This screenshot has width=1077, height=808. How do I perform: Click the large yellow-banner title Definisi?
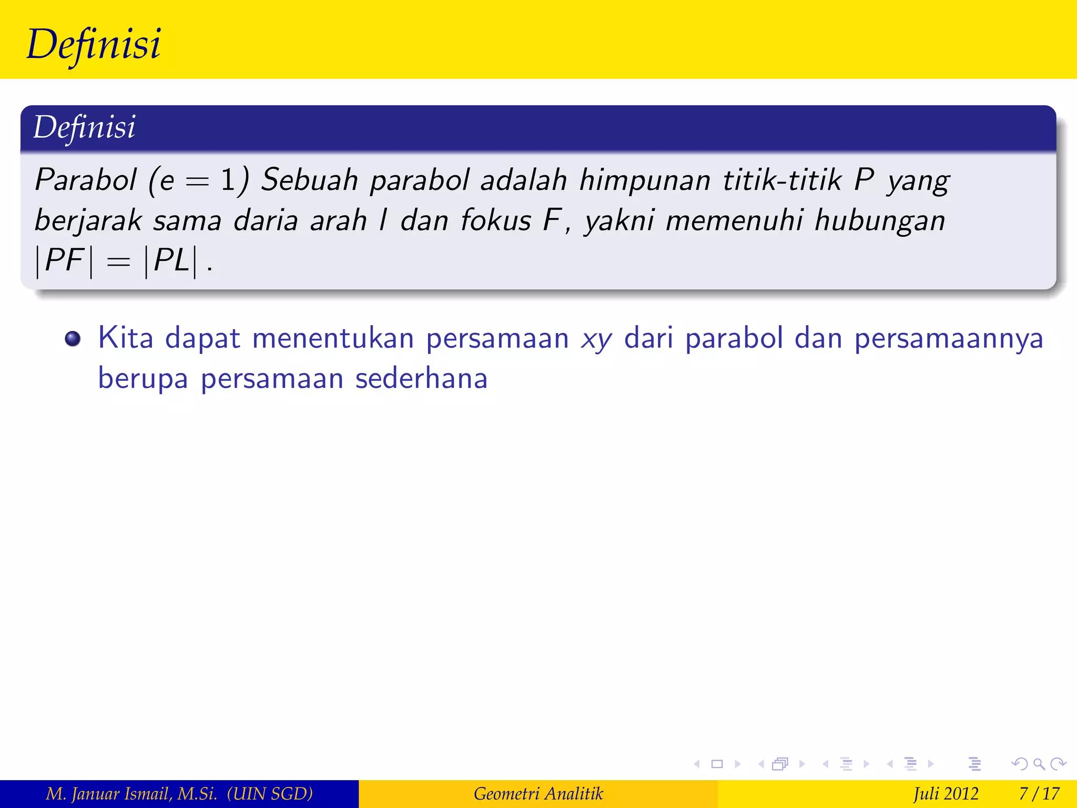coord(94,44)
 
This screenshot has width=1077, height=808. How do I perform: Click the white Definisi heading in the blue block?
coord(84,127)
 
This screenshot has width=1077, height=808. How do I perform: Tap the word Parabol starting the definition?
coord(86,180)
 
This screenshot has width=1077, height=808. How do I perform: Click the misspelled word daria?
coord(266,220)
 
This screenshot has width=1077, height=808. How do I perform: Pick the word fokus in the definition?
coord(496,220)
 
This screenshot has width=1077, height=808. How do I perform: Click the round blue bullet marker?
coord(73,339)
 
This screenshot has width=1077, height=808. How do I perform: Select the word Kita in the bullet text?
coord(125,338)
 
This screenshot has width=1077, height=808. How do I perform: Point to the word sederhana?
coord(421,379)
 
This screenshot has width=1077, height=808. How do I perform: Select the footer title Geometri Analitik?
coord(538,793)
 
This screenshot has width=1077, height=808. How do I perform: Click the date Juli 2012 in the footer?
coord(946,793)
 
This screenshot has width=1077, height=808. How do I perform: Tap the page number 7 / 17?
coord(1039,793)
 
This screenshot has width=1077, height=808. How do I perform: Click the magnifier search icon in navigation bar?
coord(1039,764)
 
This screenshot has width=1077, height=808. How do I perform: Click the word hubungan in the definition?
coord(879,221)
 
